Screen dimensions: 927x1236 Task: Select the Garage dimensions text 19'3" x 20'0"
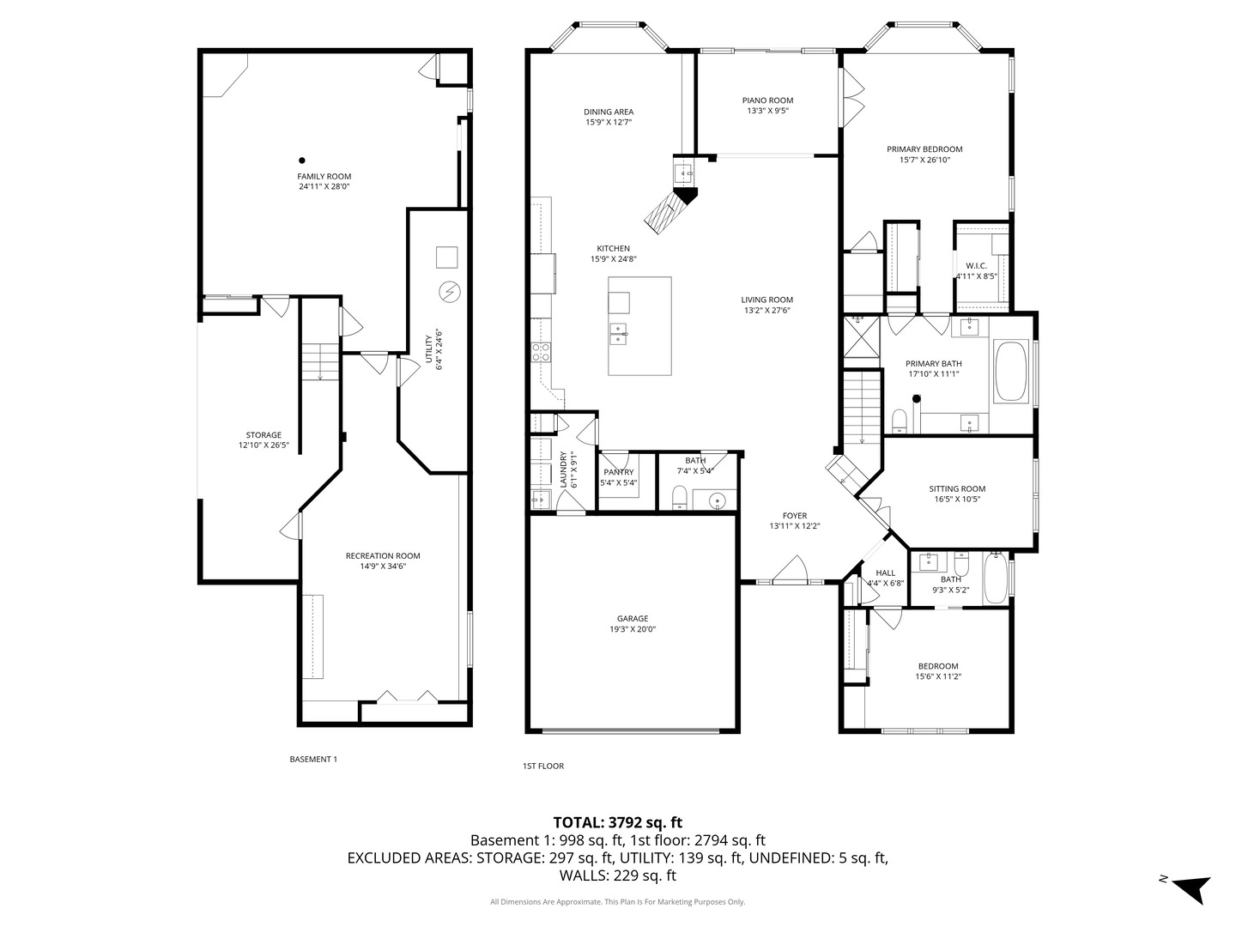pyautogui.click(x=633, y=629)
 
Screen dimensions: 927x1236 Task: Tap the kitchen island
pyautogui.click(x=639, y=325)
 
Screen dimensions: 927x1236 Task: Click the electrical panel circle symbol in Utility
pyautogui.click(x=447, y=293)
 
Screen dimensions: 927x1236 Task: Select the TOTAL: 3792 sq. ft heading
pyautogui.click(x=617, y=822)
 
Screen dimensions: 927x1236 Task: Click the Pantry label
pyautogui.click(x=618, y=472)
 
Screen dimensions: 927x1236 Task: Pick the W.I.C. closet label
pyautogui.click(x=976, y=265)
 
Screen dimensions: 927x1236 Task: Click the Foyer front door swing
pyautogui.click(x=791, y=570)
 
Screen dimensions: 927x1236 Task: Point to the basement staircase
pyautogui.click(x=320, y=360)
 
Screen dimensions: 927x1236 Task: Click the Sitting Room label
pyautogui.click(x=956, y=488)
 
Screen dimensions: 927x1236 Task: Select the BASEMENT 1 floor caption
pyautogui.click(x=313, y=759)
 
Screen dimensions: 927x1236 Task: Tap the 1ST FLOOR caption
pyautogui.click(x=543, y=766)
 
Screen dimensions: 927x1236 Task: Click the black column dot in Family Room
pyautogui.click(x=301, y=160)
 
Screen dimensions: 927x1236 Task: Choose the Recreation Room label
pyautogui.click(x=383, y=555)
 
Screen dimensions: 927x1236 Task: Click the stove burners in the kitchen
pyautogui.click(x=542, y=350)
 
